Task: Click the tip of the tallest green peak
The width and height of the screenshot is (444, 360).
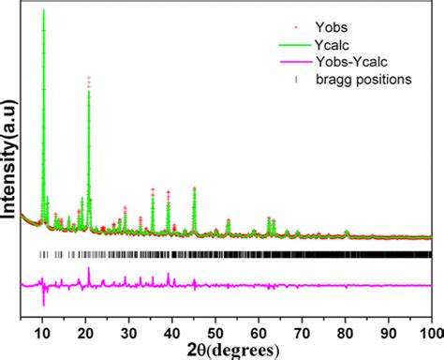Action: pos(43,10)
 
